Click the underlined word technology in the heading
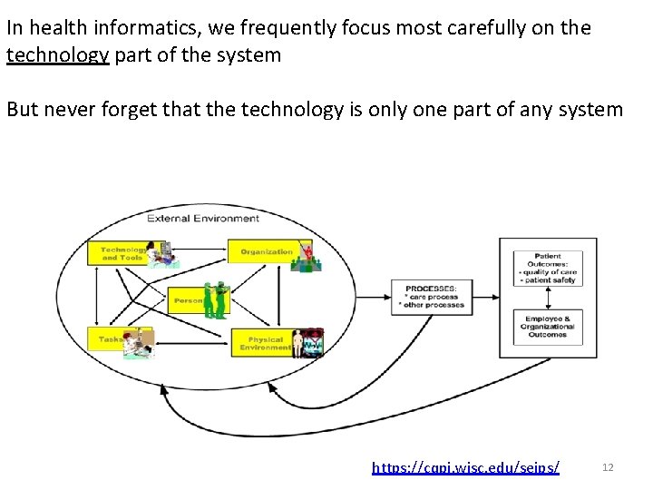(58, 54)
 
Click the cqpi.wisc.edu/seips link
(465, 467)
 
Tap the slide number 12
(608, 467)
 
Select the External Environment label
(203, 218)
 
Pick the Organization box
(266, 251)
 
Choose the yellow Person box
(188, 299)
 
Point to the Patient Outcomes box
(548, 269)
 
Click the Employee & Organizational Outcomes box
(548, 327)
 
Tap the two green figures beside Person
(214, 300)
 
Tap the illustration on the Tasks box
(139, 343)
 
